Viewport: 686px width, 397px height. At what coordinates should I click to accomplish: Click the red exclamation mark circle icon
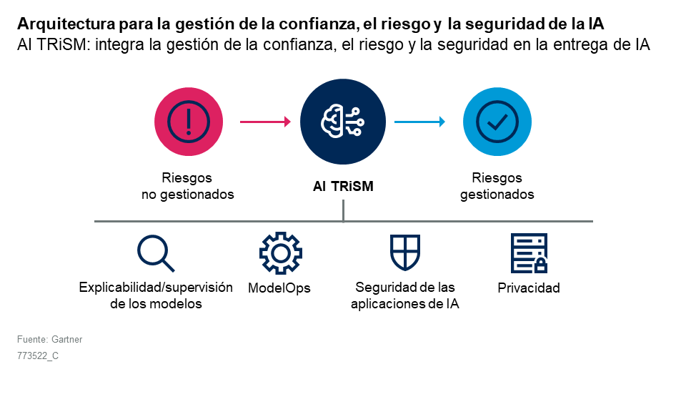tap(189, 122)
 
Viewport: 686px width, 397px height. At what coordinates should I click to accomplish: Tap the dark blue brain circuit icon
tap(343, 122)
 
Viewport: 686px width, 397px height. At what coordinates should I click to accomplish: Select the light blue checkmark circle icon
tap(497, 122)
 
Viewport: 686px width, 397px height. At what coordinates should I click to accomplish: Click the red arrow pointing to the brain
tap(265, 122)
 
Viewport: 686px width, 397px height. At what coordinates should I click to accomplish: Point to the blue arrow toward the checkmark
tap(419, 122)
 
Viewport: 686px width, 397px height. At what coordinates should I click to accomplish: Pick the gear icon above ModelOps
tap(280, 253)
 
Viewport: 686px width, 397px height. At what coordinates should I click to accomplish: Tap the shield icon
tap(405, 253)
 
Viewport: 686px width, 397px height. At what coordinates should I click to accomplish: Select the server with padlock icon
tap(529, 253)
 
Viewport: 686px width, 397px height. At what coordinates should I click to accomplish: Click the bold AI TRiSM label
tap(343, 186)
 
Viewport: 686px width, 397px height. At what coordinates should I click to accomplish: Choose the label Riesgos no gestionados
tap(188, 186)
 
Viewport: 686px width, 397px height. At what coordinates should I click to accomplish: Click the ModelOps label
tap(279, 288)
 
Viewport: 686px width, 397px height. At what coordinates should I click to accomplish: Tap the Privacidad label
tap(529, 288)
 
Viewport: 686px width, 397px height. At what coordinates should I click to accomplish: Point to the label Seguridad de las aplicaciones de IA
tap(405, 295)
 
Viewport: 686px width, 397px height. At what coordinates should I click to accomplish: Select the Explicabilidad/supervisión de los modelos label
tap(156, 295)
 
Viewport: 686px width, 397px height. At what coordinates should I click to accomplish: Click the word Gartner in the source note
tap(67, 339)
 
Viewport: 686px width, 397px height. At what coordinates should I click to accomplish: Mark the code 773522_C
tap(38, 356)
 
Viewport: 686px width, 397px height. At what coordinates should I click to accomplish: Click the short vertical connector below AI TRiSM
tap(344, 211)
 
